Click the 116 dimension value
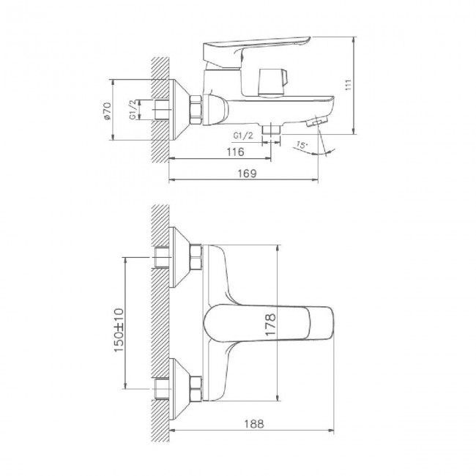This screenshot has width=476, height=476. click(x=235, y=152)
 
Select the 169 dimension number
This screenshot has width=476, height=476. click(x=247, y=174)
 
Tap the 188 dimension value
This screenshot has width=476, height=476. click(x=254, y=424)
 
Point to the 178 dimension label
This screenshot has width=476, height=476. click(x=270, y=325)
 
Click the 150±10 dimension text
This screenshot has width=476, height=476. click(x=119, y=330)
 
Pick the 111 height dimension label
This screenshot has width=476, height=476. click(x=348, y=85)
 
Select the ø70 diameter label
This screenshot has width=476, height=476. click(x=107, y=111)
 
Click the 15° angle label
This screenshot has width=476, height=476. click(x=302, y=145)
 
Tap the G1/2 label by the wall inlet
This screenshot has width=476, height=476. click(x=133, y=109)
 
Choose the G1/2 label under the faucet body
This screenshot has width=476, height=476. click(x=243, y=135)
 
